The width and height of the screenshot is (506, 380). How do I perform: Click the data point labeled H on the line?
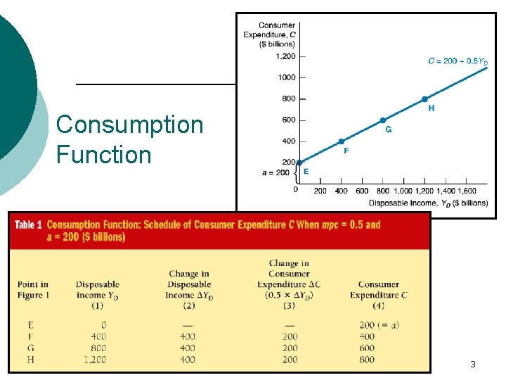click(424, 99)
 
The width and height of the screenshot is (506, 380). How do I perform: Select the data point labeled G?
click(382, 120)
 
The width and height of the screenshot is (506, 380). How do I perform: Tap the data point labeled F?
click(341, 141)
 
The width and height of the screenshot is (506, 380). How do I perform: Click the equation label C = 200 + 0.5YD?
click(458, 62)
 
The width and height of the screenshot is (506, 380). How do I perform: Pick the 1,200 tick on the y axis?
click(285, 56)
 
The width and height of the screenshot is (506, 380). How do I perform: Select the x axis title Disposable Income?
click(428, 203)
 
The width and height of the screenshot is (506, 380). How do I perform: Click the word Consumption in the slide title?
click(129, 125)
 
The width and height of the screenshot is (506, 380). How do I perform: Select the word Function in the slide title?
click(103, 154)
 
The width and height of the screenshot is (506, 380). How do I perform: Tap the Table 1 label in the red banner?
click(28, 225)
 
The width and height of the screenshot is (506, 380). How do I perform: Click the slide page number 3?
click(473, 365)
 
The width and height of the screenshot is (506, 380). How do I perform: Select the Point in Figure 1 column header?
click(34, 290)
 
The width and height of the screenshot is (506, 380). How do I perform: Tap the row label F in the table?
click(30, 336)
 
